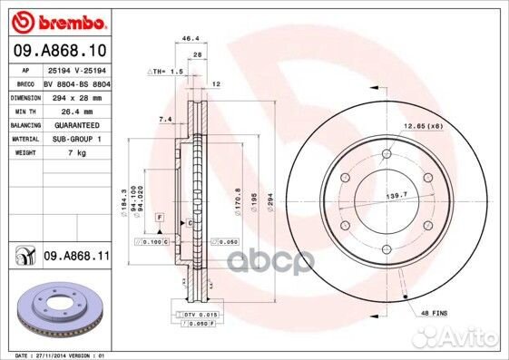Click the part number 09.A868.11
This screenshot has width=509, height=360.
[x=75, y=258]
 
